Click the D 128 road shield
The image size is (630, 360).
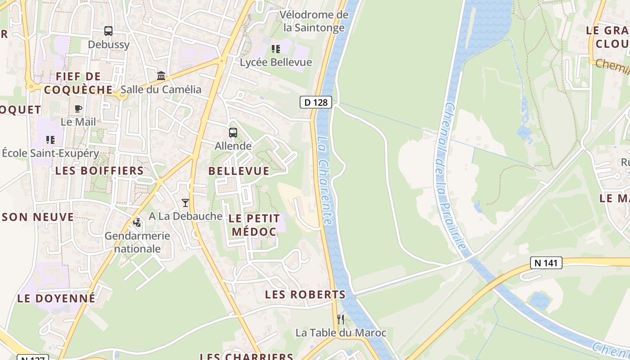tap(316, 102)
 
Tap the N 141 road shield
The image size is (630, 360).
tap(546, 263)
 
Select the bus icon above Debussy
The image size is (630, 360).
tap(108, 31)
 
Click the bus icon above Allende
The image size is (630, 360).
tap(233, 133)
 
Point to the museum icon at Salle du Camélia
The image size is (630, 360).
tap(161, 76)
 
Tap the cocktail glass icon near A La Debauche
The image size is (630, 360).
tap(185, 203)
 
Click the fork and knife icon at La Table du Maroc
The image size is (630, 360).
tap(341, 319)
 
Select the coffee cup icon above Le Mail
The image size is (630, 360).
tap(78, 108)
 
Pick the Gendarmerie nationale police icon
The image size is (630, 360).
tap(137, 222)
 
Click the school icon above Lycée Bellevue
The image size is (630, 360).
tap(276, 49)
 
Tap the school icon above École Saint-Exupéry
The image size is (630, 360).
tap(50, 140)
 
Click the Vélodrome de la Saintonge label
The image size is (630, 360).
tap(314, 21)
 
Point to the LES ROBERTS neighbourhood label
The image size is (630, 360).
tap(305, 295)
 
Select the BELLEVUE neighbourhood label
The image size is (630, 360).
tap(239, 171)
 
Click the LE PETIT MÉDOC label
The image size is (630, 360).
tap(254, 225)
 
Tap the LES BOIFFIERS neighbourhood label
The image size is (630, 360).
tap(99, 171)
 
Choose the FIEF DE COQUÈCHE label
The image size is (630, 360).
tap(78, 83)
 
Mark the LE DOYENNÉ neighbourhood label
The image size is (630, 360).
tap(56, 298)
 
